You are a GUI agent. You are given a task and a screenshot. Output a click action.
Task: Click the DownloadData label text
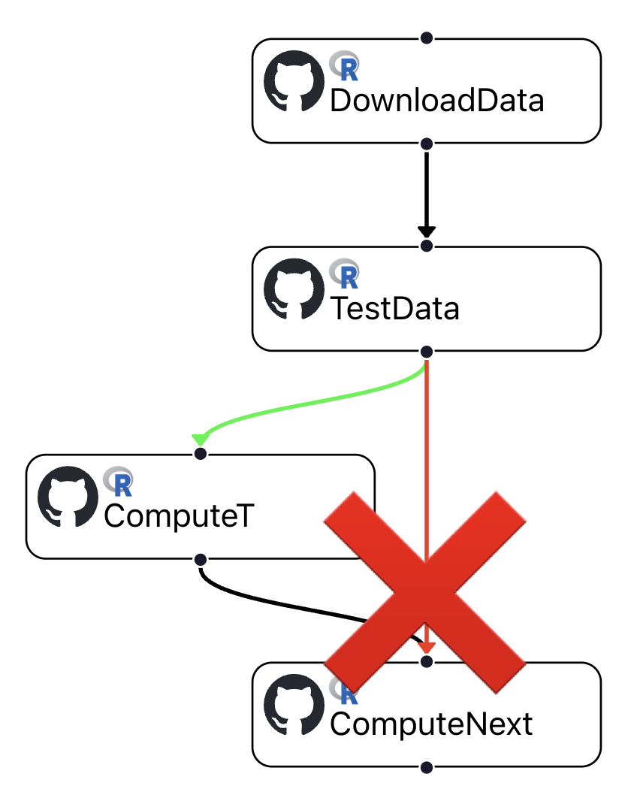click(x=436, y=101)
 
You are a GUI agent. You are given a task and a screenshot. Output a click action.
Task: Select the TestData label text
click(x=394, y=309)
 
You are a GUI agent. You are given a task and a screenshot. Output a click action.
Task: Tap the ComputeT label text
click(x=180, y=516)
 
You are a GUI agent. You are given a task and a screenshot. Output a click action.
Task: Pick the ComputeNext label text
click(x=431, y=724)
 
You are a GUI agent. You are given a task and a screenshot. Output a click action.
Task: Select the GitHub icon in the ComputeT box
click(x=68, y=497)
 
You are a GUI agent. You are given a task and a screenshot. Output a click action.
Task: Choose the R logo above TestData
click(x=345, y=275)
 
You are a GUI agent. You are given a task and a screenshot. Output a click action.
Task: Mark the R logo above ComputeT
click(x=119, y=482)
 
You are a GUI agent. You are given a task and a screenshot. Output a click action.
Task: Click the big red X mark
click(x=425, y=591)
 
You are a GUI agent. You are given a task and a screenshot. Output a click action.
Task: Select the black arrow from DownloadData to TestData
click(x=427, y=192)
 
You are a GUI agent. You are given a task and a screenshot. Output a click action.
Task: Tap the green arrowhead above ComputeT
click(x=200, y=439)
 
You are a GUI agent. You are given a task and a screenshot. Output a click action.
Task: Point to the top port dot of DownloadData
click(x=427, y=38)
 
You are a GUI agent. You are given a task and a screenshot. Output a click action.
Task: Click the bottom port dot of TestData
click(x=427, y=352)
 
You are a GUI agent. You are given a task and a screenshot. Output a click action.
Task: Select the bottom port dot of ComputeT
click(x=200, y=559)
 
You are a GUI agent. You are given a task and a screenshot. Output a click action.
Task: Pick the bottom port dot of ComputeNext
click(x=427, y=767)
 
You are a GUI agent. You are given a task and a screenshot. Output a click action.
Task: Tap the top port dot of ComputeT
click(x=200, y=454)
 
